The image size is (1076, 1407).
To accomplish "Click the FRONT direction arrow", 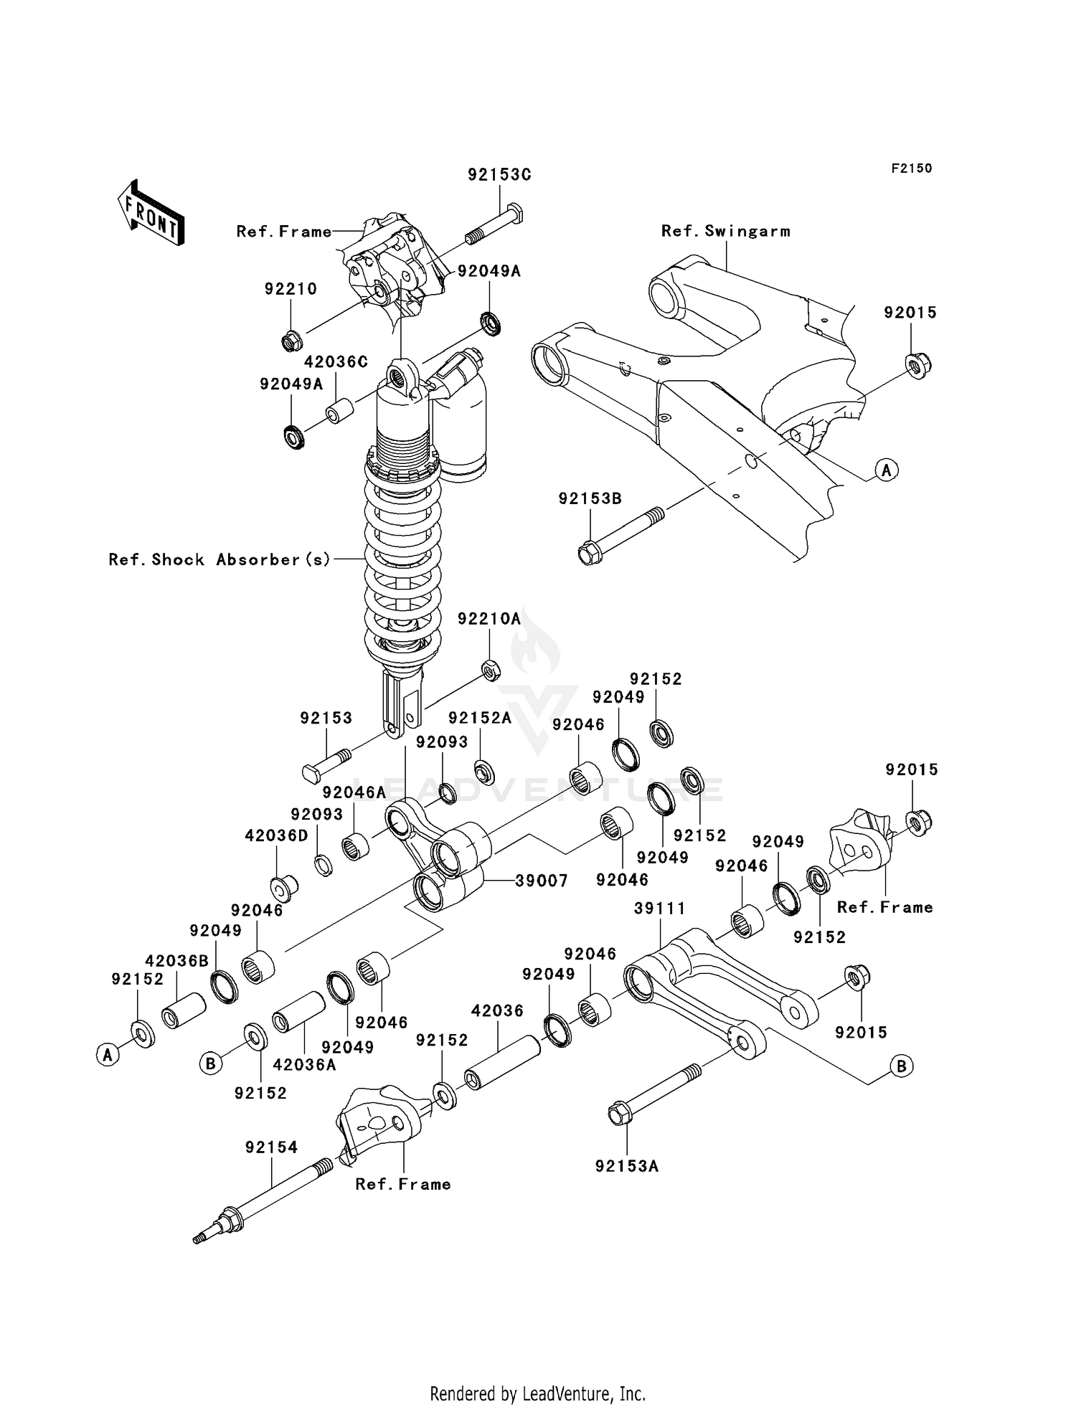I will point(151,213).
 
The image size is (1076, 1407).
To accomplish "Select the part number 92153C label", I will point(499,175).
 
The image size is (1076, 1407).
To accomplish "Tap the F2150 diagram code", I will point(912,169).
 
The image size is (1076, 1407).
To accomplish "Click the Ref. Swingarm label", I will point(725,231).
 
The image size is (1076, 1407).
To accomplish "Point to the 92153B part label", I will point(590,498).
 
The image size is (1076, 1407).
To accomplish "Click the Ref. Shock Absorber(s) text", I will point(220,559).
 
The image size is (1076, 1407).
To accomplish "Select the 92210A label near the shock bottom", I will point(489,618).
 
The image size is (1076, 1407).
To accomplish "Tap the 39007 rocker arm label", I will point(542,881).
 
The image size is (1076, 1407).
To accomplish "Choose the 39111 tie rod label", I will point(659,909).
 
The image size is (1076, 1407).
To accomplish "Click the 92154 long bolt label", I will point(271,1147).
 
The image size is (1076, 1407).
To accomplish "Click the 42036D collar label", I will point(277,836).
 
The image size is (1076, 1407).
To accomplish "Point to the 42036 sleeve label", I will point(497,1010).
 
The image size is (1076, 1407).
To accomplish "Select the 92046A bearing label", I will point(354,792).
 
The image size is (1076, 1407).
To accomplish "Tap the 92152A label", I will point(479,719).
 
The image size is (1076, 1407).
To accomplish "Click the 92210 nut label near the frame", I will point(291,289).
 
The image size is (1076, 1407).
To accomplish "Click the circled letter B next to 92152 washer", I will point(210,1063).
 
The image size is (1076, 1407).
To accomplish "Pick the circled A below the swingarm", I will point(887,470).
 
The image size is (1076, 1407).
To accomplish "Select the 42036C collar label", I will point(336,362).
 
